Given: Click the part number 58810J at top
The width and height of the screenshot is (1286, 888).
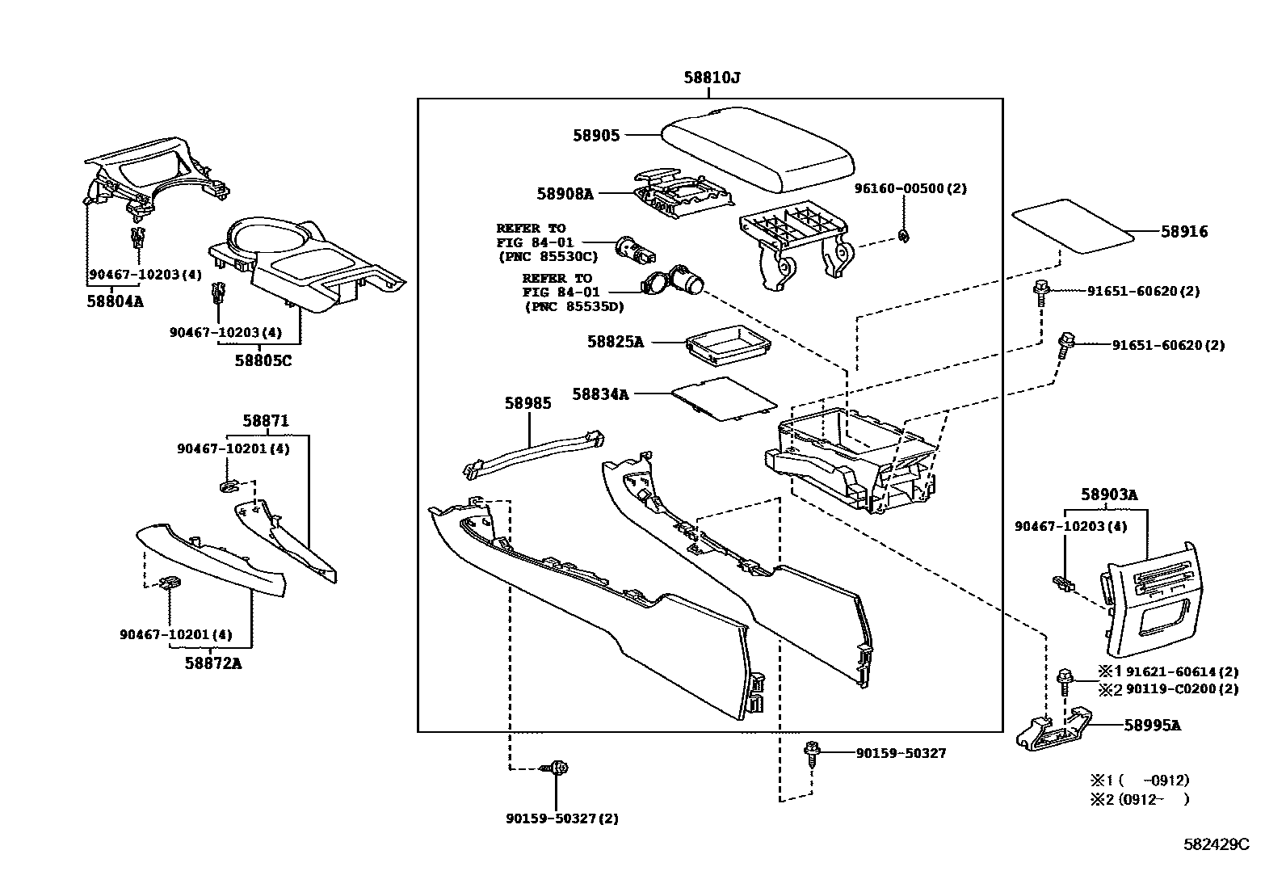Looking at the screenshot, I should point(712,78).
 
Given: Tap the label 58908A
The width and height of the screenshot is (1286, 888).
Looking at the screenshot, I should point(564,194).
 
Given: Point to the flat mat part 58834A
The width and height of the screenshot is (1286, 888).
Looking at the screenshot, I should point(725,398).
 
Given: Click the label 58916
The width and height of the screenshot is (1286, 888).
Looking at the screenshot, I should point(1184,232).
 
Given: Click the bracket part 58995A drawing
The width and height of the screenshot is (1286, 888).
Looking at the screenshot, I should point(1055,730).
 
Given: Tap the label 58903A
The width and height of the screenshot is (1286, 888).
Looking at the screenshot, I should point(1109,495).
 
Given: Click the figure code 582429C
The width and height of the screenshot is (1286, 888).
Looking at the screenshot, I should point(1216,844).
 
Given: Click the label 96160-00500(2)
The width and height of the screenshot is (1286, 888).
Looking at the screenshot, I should point(910,188).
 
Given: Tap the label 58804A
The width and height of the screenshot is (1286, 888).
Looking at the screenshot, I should point(115,301).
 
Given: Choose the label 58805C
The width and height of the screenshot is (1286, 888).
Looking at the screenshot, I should point(263,360).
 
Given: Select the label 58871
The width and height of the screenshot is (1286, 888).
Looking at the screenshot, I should point(266,421).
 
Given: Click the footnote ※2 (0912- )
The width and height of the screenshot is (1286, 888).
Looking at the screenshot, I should point(1140,799).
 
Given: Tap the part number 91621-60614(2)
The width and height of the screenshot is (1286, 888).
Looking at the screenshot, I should point(1182,671).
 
